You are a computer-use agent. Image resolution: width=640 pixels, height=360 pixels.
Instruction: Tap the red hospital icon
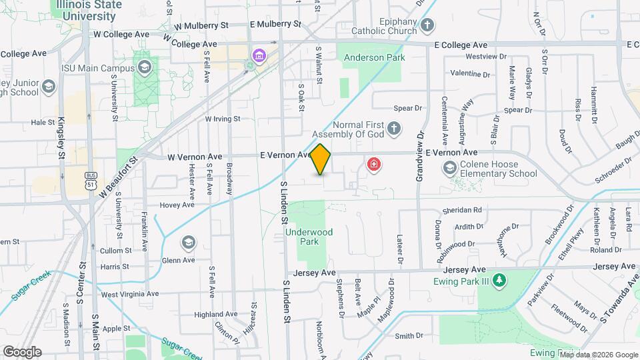[x=374, y=164]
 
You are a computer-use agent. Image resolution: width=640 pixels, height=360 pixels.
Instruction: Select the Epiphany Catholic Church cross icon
[x=427, y=26]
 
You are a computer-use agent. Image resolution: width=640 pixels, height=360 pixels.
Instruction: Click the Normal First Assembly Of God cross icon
[x=394, y=128]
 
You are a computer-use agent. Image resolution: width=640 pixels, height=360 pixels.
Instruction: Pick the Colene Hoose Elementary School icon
[x=450, y=167]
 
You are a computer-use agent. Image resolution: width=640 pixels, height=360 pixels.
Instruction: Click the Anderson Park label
[x=374, y=58]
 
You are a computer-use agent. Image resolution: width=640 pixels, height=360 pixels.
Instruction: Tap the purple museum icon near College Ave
[x=258, y=55]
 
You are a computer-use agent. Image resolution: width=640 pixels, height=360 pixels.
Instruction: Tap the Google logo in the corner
[x=22, y=352]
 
